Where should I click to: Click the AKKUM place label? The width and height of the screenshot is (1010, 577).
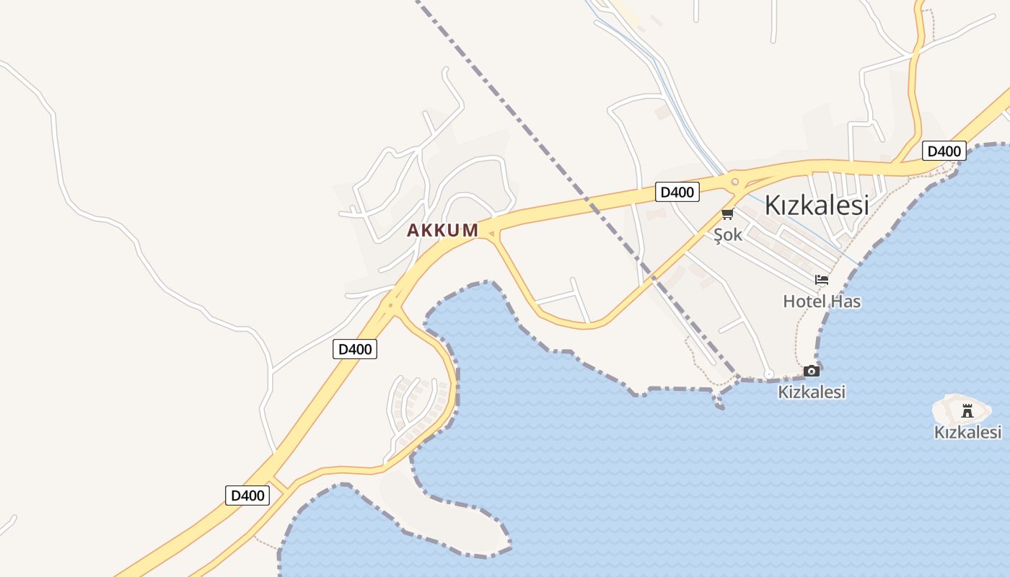pos(442,230)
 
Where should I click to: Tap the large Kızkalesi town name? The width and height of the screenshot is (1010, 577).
pos(816,205)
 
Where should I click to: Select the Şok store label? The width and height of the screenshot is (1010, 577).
pos(727,235)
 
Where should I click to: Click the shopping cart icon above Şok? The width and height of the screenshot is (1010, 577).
pos(727,214)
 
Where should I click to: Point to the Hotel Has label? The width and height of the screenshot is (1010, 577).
pos(822,301)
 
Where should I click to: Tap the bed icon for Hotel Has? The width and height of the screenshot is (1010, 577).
pos(822,281)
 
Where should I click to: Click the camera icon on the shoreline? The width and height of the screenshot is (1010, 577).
pos(812,371)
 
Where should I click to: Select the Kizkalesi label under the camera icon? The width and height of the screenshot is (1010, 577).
pos(812,392)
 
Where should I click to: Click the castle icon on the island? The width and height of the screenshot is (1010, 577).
pos(967,411)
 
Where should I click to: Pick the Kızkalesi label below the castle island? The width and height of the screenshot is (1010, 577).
pos(967,432)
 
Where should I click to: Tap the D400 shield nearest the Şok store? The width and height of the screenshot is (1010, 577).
pos(677,192)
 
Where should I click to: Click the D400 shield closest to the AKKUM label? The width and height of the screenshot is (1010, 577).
pos(355,349)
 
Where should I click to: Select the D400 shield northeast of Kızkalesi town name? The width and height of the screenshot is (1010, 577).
pos(944,151)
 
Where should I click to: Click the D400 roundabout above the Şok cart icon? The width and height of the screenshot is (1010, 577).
pos(734,182)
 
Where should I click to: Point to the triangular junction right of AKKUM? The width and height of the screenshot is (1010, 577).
pos(491,233)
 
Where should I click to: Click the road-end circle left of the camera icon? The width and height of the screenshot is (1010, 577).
pos(769,374)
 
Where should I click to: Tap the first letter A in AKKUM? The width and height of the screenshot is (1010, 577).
pos(413,230)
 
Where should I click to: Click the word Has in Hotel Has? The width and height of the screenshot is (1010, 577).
pos(845,301)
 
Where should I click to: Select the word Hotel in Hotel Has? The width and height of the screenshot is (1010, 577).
pos(804,301)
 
